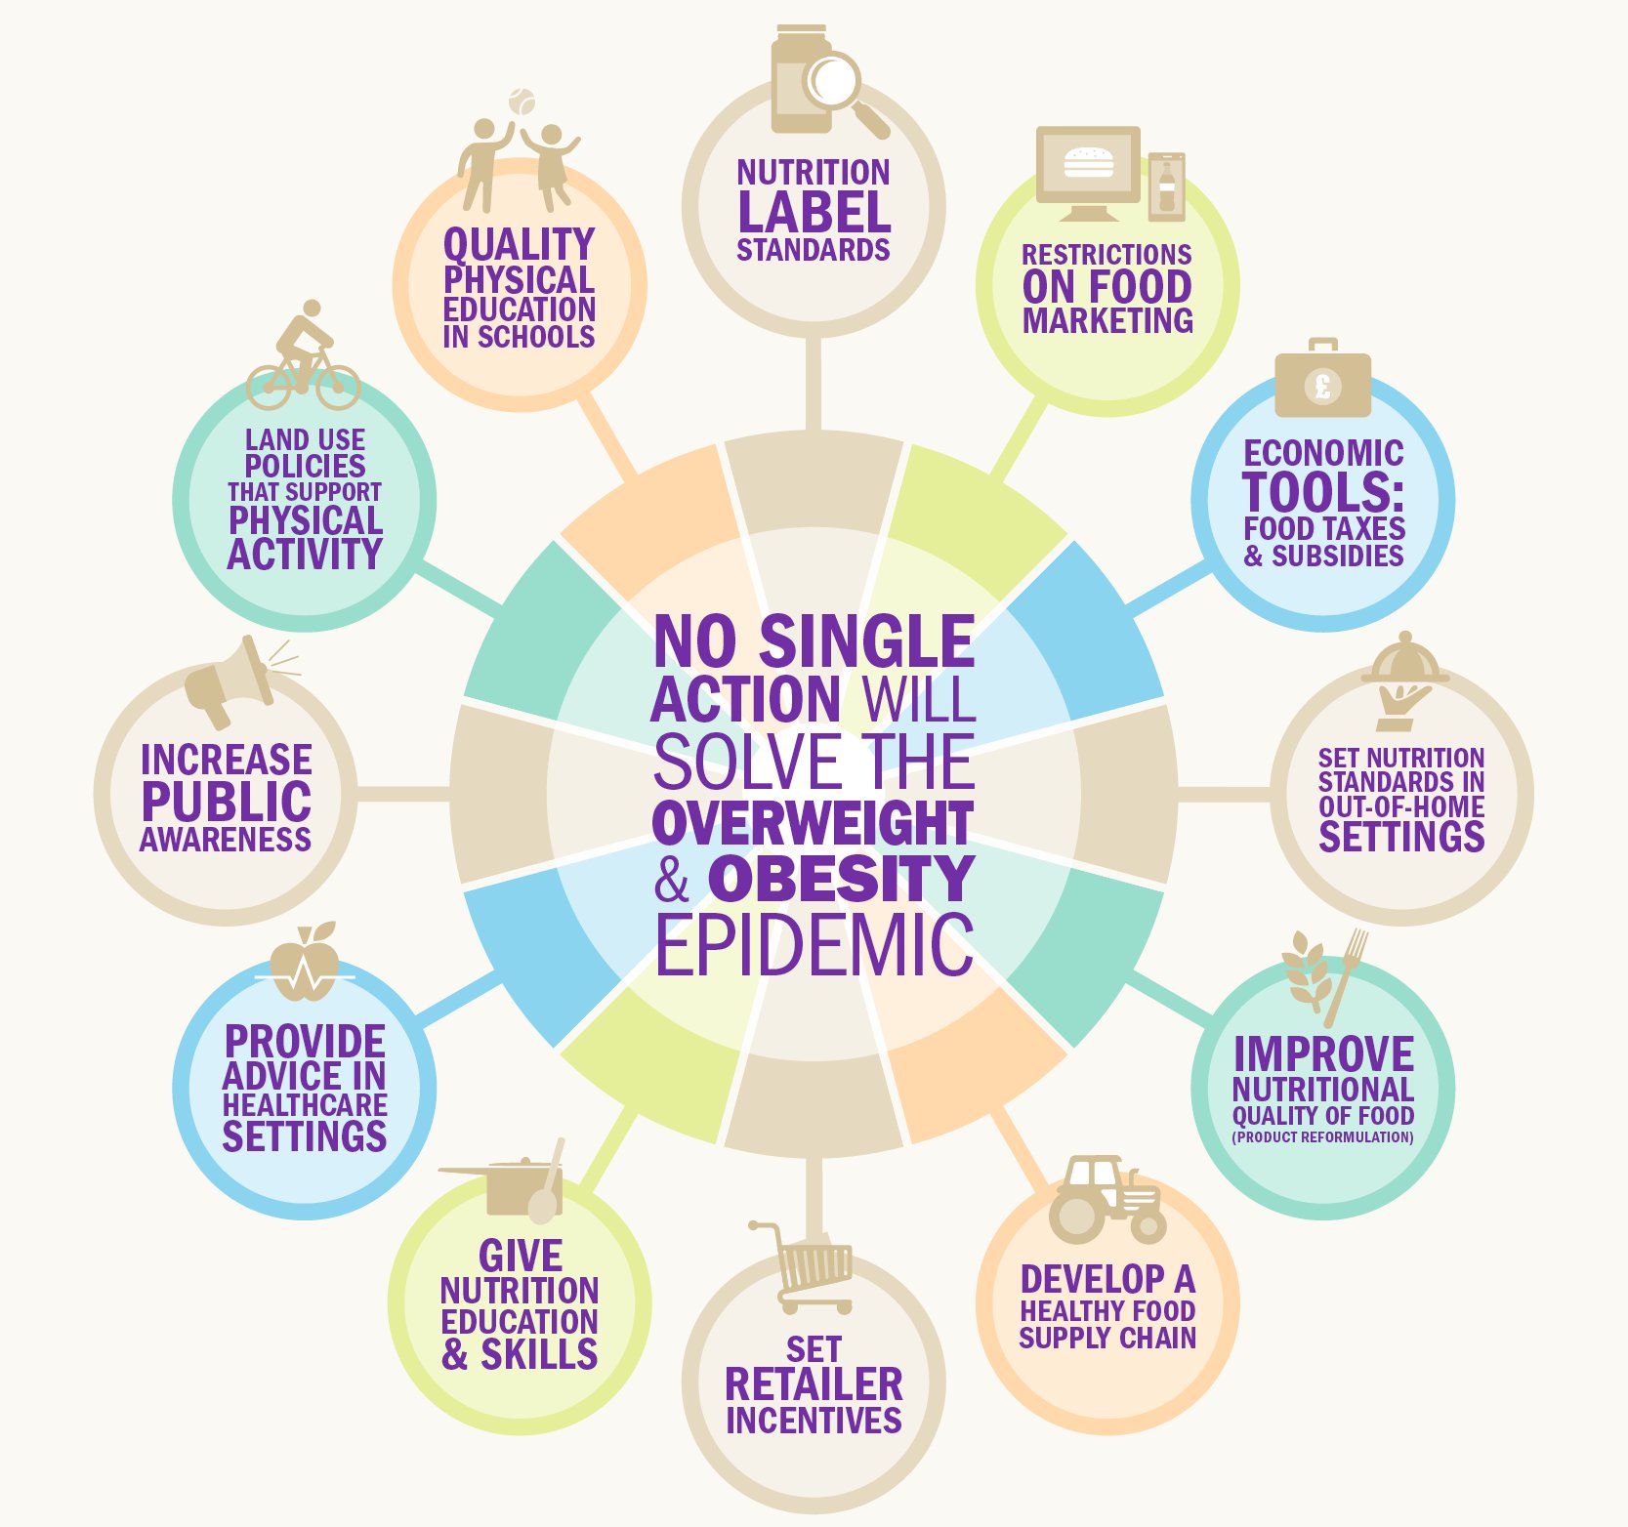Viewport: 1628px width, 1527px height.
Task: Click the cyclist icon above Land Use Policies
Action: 304,357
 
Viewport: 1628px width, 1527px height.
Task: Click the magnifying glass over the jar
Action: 835,82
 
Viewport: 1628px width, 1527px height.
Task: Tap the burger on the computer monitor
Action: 1088,163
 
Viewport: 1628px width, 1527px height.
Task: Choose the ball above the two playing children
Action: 522,102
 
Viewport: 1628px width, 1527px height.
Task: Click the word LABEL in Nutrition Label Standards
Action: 814,212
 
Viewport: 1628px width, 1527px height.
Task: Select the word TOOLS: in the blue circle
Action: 1323,491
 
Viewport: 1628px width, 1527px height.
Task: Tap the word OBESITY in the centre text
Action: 841,879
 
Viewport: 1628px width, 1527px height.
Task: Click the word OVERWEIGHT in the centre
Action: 813,822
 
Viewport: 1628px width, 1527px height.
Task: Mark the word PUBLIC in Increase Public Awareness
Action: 227,802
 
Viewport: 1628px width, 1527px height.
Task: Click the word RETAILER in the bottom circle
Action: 814,1383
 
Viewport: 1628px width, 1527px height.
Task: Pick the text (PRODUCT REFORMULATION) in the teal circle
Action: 1322,1137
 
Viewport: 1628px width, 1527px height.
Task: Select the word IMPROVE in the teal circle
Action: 1323,1053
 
